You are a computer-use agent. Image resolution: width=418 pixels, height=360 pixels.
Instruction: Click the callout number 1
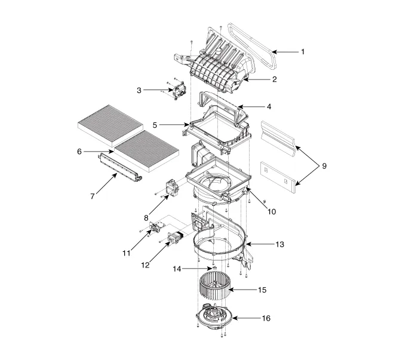pyautogui.click(x=303, y=52)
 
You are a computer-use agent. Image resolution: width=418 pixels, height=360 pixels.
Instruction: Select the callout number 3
pyautogui.click(x=139, y=90)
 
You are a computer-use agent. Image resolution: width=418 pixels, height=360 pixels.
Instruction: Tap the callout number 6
pyautogui.click(x=79, y=152)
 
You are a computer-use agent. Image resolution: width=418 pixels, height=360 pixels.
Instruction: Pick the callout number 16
pyautogui.click(x=266, y=318)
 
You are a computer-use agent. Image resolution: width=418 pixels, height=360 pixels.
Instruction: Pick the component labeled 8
pyautogui.click(x=173, y=188)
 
